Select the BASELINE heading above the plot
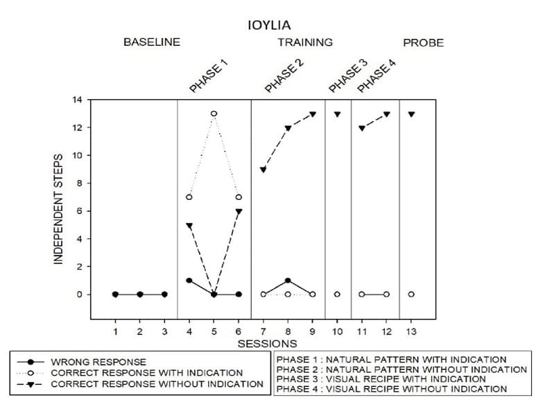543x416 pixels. [151, 42]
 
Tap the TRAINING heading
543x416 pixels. [305, 42]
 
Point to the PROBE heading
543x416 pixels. [423, 42]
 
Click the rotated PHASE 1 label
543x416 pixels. [209, 76]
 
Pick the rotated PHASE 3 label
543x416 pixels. [347, 76]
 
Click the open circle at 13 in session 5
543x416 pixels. [214, 113]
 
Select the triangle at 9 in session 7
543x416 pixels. [263, 169]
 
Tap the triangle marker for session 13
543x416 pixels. [411, 114]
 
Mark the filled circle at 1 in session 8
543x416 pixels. [288, 281]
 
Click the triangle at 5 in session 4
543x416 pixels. [189, 225]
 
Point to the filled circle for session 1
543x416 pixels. [115, 294]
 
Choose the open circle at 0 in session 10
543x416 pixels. [337, 294]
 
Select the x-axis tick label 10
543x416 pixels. [337, 330]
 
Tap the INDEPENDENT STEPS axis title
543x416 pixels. [59, 208]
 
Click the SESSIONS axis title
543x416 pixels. [267, 344]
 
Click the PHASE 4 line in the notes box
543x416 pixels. [391, 389]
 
